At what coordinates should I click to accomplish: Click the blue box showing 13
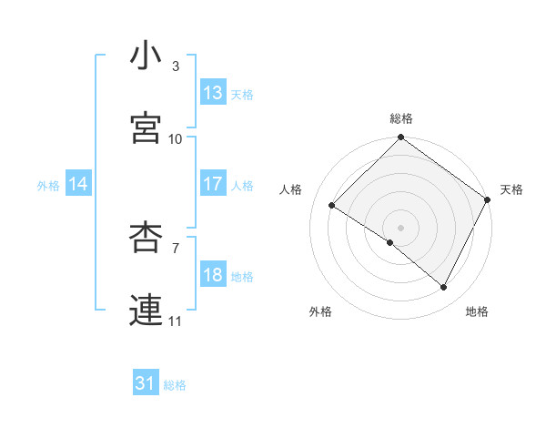213,93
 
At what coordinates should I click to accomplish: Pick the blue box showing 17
213,184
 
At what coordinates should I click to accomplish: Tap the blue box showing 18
213,276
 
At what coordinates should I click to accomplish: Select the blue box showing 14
78,185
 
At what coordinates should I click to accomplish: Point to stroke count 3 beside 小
176,66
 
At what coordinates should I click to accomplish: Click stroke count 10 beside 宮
176,139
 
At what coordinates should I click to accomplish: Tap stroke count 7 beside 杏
176,247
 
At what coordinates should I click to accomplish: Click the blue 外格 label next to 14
48,186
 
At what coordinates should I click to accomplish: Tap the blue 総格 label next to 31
175,385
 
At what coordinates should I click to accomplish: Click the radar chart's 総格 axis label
401,118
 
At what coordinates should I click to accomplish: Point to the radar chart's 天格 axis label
512,189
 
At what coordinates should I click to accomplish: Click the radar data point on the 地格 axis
444,288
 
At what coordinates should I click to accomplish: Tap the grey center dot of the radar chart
400,227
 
